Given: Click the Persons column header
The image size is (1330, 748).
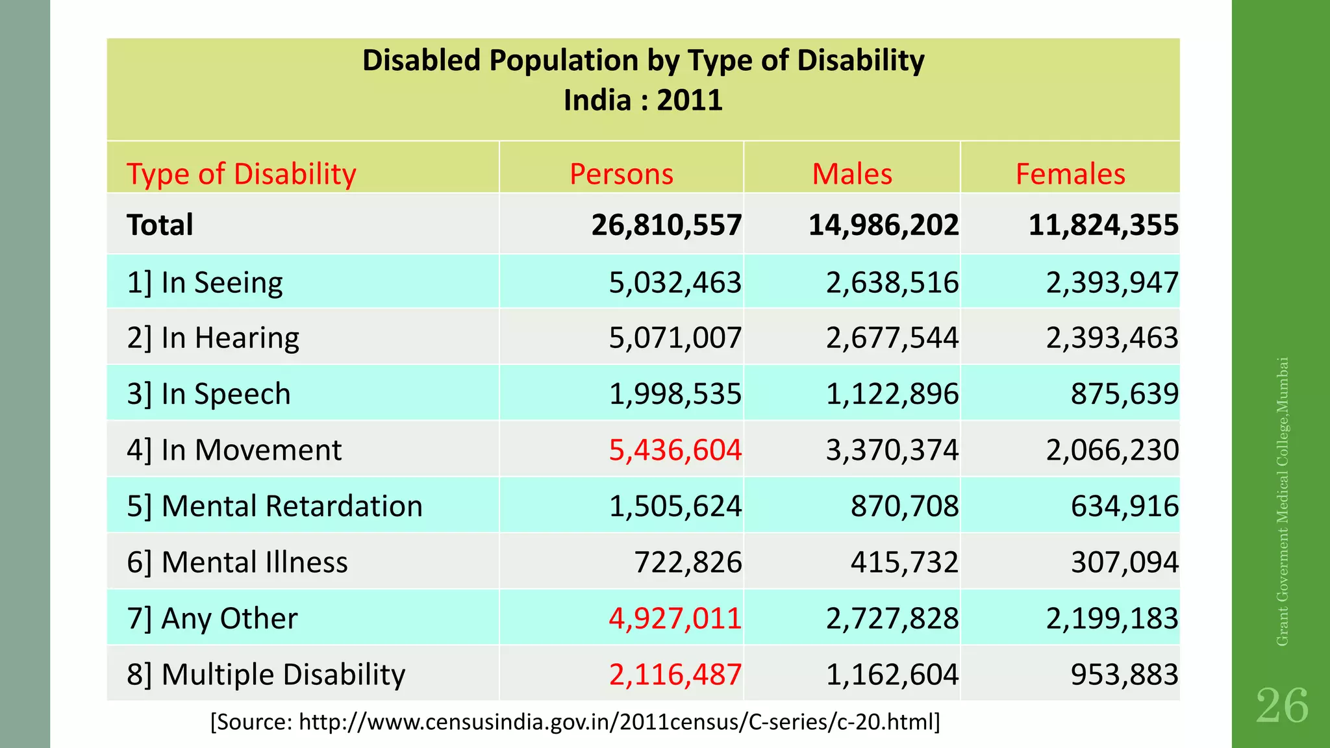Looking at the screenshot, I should pos(621,174).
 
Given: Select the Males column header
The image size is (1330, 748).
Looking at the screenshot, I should pos(852,174).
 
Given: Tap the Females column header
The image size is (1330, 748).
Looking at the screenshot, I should pos(1070,174).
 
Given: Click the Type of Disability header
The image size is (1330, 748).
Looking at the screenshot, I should pos(241,174).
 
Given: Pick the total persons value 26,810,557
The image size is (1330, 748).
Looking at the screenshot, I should pos(666,225).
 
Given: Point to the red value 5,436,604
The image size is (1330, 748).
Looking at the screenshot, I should pos(675,450).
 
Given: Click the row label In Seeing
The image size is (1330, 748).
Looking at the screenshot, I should pos(205,282).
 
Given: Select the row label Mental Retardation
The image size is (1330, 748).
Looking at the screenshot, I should pos(275,506).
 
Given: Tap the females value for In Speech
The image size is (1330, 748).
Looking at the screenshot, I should pos(1124,394).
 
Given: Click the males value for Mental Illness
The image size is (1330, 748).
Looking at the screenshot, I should pos(904,562).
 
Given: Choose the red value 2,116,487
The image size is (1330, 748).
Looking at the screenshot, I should pos(675,675).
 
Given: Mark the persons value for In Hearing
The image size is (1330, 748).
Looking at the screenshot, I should pos(675,338).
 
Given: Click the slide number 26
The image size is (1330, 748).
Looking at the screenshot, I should pos(1281,706).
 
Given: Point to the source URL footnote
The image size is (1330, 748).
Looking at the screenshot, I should pos(575,722).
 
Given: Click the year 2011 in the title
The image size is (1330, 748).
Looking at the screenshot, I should pos(690,100).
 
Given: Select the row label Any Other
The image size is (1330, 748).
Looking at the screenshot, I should pos(212,618).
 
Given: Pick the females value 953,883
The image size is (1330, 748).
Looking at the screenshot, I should pos(1124,675).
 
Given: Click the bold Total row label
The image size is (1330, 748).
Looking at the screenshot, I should pos(160,225).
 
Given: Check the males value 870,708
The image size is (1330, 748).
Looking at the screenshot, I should pos(904,506).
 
